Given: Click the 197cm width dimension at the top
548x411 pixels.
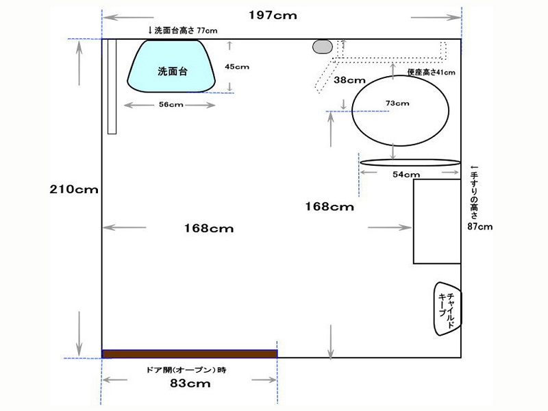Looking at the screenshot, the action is coord(273,15).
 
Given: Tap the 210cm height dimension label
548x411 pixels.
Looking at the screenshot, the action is coord(74,190).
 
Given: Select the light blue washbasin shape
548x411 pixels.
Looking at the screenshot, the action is coord(171,66).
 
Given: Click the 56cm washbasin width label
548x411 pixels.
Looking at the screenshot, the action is coord(171,105).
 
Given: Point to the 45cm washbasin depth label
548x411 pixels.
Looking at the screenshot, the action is coord(237,66).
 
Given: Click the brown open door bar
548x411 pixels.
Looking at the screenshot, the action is coord(190,353).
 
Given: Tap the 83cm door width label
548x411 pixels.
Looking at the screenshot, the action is coord(190,384).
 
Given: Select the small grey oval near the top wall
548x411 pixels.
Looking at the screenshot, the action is coord(322,47).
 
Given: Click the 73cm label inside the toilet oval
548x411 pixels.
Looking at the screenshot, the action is coord(397,103).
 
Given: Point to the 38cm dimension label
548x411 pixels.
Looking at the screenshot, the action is coord(349,80).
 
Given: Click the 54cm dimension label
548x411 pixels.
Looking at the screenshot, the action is coord(406,175).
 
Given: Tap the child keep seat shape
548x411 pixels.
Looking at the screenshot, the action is coord(447,309).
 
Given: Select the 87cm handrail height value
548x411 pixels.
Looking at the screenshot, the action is coord(480,227).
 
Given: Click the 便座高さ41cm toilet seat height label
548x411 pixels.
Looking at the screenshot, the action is coord(432,73).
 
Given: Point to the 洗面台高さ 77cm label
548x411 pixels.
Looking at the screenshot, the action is coord(182,30).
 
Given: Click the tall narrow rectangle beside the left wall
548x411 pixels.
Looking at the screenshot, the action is coord(112,87).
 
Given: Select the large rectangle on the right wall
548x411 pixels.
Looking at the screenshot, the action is coord(437,221).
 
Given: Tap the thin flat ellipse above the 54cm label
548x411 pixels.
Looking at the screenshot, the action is coord(410,162).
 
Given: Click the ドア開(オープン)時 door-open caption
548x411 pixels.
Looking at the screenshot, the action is coord(186,370).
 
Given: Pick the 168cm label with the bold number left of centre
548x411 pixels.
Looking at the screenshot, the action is coord(209,229).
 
